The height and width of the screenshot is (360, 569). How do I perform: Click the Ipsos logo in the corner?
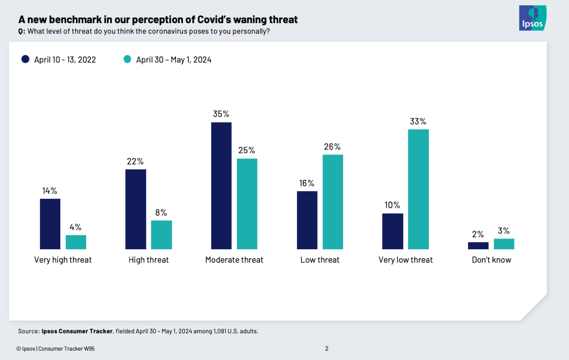(x=532, y=18)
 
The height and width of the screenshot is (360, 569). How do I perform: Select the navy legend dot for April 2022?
(x=25, y=59)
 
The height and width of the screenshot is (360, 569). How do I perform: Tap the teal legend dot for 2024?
(x=128, y=59)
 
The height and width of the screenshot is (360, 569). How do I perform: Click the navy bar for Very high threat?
(x=50, y=224)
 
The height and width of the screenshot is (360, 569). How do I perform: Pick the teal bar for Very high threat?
(x=76, y=242)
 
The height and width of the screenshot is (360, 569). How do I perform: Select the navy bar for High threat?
(x=136, y=209)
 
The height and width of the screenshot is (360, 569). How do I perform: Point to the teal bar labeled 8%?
(x=161, y=234)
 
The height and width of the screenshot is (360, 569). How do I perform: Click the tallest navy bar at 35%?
(x=221, y=185)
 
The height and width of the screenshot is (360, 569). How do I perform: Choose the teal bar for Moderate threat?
(x=247, y=204)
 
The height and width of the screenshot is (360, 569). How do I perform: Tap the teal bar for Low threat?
(x=333, y=202)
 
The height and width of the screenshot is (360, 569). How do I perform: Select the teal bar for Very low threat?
(x=418, y=189)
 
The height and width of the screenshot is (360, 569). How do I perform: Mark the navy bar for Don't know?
(x=478, y=246)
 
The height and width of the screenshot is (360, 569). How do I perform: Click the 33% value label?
(x=418, y=121)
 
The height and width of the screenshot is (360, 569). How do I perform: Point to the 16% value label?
(x=307, y=183)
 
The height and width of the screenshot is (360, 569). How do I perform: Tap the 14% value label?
(x=50, y=191)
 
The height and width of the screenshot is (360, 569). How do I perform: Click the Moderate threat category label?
(x=234, y=260)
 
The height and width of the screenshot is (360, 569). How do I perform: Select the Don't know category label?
(x=491, y=260)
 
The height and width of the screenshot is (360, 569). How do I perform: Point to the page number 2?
(x=326, y=349)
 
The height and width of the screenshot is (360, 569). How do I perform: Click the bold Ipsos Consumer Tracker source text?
(x=77, y=331)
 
